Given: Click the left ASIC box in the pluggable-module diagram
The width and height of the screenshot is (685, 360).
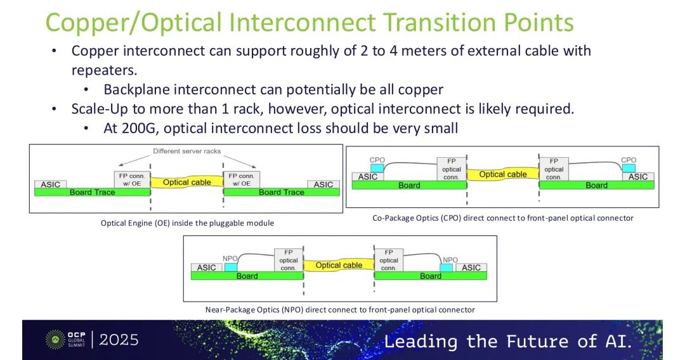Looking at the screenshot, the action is [x=51, y=184].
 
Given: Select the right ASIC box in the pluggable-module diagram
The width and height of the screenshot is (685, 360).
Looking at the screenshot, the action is [x=323, y=184].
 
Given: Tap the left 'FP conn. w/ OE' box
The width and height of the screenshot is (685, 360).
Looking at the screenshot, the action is [x=132, y=180].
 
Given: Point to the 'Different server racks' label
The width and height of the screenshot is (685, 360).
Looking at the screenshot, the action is [x=187, y=151].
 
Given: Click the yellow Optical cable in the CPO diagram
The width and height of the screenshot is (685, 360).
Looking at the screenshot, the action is [x=503, y=174].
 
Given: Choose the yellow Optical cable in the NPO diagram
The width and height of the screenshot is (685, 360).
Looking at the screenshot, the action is [x=339, y=265].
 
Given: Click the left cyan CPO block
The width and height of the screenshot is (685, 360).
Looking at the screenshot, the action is [x=377, y=168].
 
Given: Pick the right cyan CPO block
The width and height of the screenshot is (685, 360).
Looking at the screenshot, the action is [x=629, y=168].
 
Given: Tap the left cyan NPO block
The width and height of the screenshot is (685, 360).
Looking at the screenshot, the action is [x=231, y=267].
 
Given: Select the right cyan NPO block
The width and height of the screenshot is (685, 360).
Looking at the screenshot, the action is [x=447, y=267].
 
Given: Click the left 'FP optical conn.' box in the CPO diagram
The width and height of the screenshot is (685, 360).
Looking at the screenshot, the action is [x=452, y=169].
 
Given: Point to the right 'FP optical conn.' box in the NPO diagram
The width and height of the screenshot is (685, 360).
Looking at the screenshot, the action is [x=389, y=260].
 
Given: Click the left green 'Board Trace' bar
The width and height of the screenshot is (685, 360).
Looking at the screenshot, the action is [x=92, y=193].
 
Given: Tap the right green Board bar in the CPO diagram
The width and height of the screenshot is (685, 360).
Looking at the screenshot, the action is [x=597, y=185].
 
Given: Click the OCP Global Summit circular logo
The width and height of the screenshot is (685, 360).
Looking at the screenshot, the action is [x=55, y=340].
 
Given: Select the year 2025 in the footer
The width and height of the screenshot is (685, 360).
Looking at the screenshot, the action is [x=119, y=340].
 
